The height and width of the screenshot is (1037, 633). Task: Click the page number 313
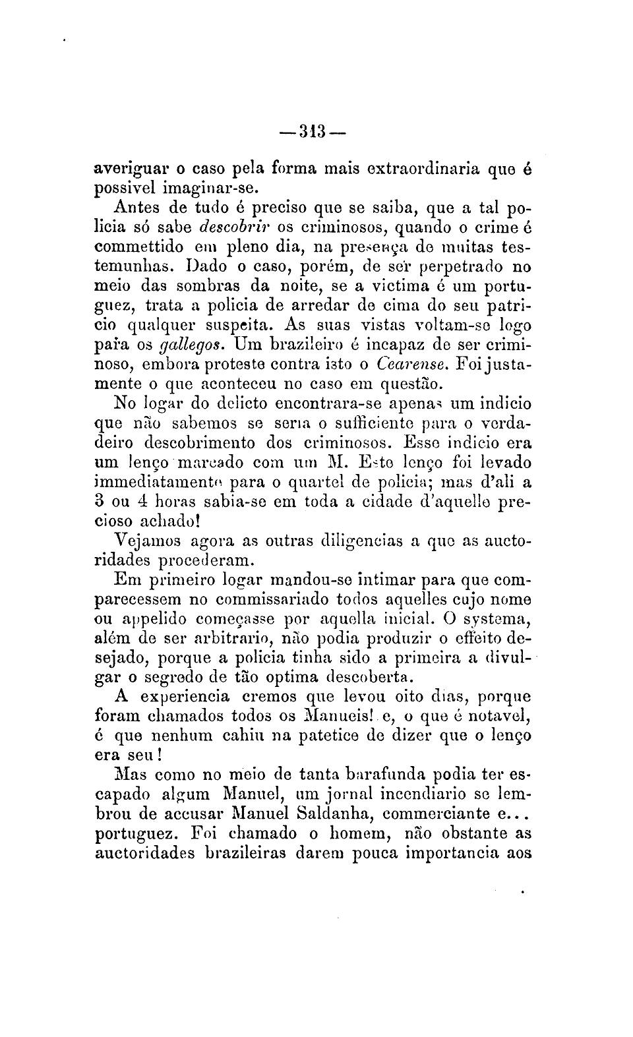click(312, 129)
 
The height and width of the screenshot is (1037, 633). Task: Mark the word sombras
click(199, 286)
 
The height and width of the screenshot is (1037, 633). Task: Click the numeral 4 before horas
click(152, 502)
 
